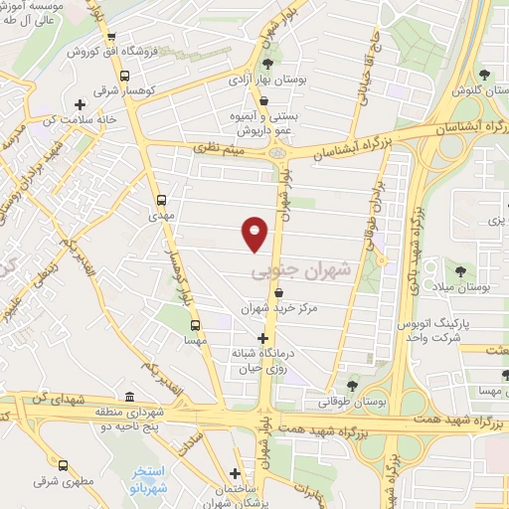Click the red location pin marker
pyautogui.click(x=255, y=233)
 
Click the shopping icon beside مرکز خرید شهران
pyautogui.click(x=277, y=292)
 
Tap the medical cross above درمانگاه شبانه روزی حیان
pyautogui.click(x=262, y=338)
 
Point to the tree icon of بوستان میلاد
pyautogui.click(x=459, y=269)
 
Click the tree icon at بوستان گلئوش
pyautogui.click(x=484, y=75)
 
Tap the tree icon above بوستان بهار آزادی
pyautogui.click(x=267, y=63)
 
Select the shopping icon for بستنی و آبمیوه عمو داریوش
pyautogui.click(x=263, y=100)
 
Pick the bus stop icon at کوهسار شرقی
pyautogui.click(x=124, y=76)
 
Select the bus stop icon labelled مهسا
pyautogui.click(x=195, y=324)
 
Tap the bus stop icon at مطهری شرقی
pyautogui.click(x=65, y=464)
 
